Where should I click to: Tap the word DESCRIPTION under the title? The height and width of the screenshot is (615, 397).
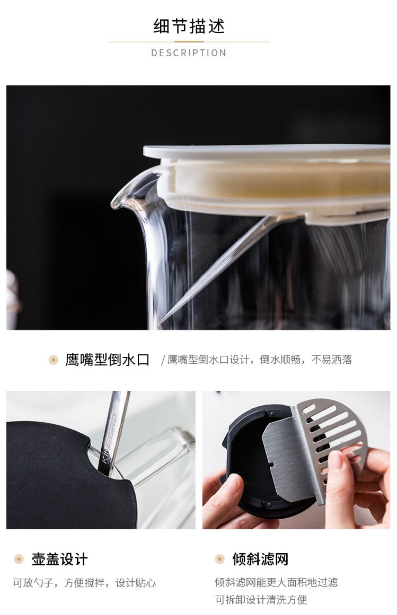coord(189,53)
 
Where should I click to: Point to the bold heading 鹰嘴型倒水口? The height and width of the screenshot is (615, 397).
coord(107,360)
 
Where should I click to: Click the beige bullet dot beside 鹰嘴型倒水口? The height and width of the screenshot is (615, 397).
coord(53,360)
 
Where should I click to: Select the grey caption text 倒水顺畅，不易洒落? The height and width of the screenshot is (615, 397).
coord(306,360)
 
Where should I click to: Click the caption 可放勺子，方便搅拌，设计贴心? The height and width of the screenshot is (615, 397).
coord(85,583)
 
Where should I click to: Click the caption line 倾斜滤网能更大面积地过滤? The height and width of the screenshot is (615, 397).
coord(276,582)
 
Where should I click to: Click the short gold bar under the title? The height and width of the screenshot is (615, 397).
coord(189,42)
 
